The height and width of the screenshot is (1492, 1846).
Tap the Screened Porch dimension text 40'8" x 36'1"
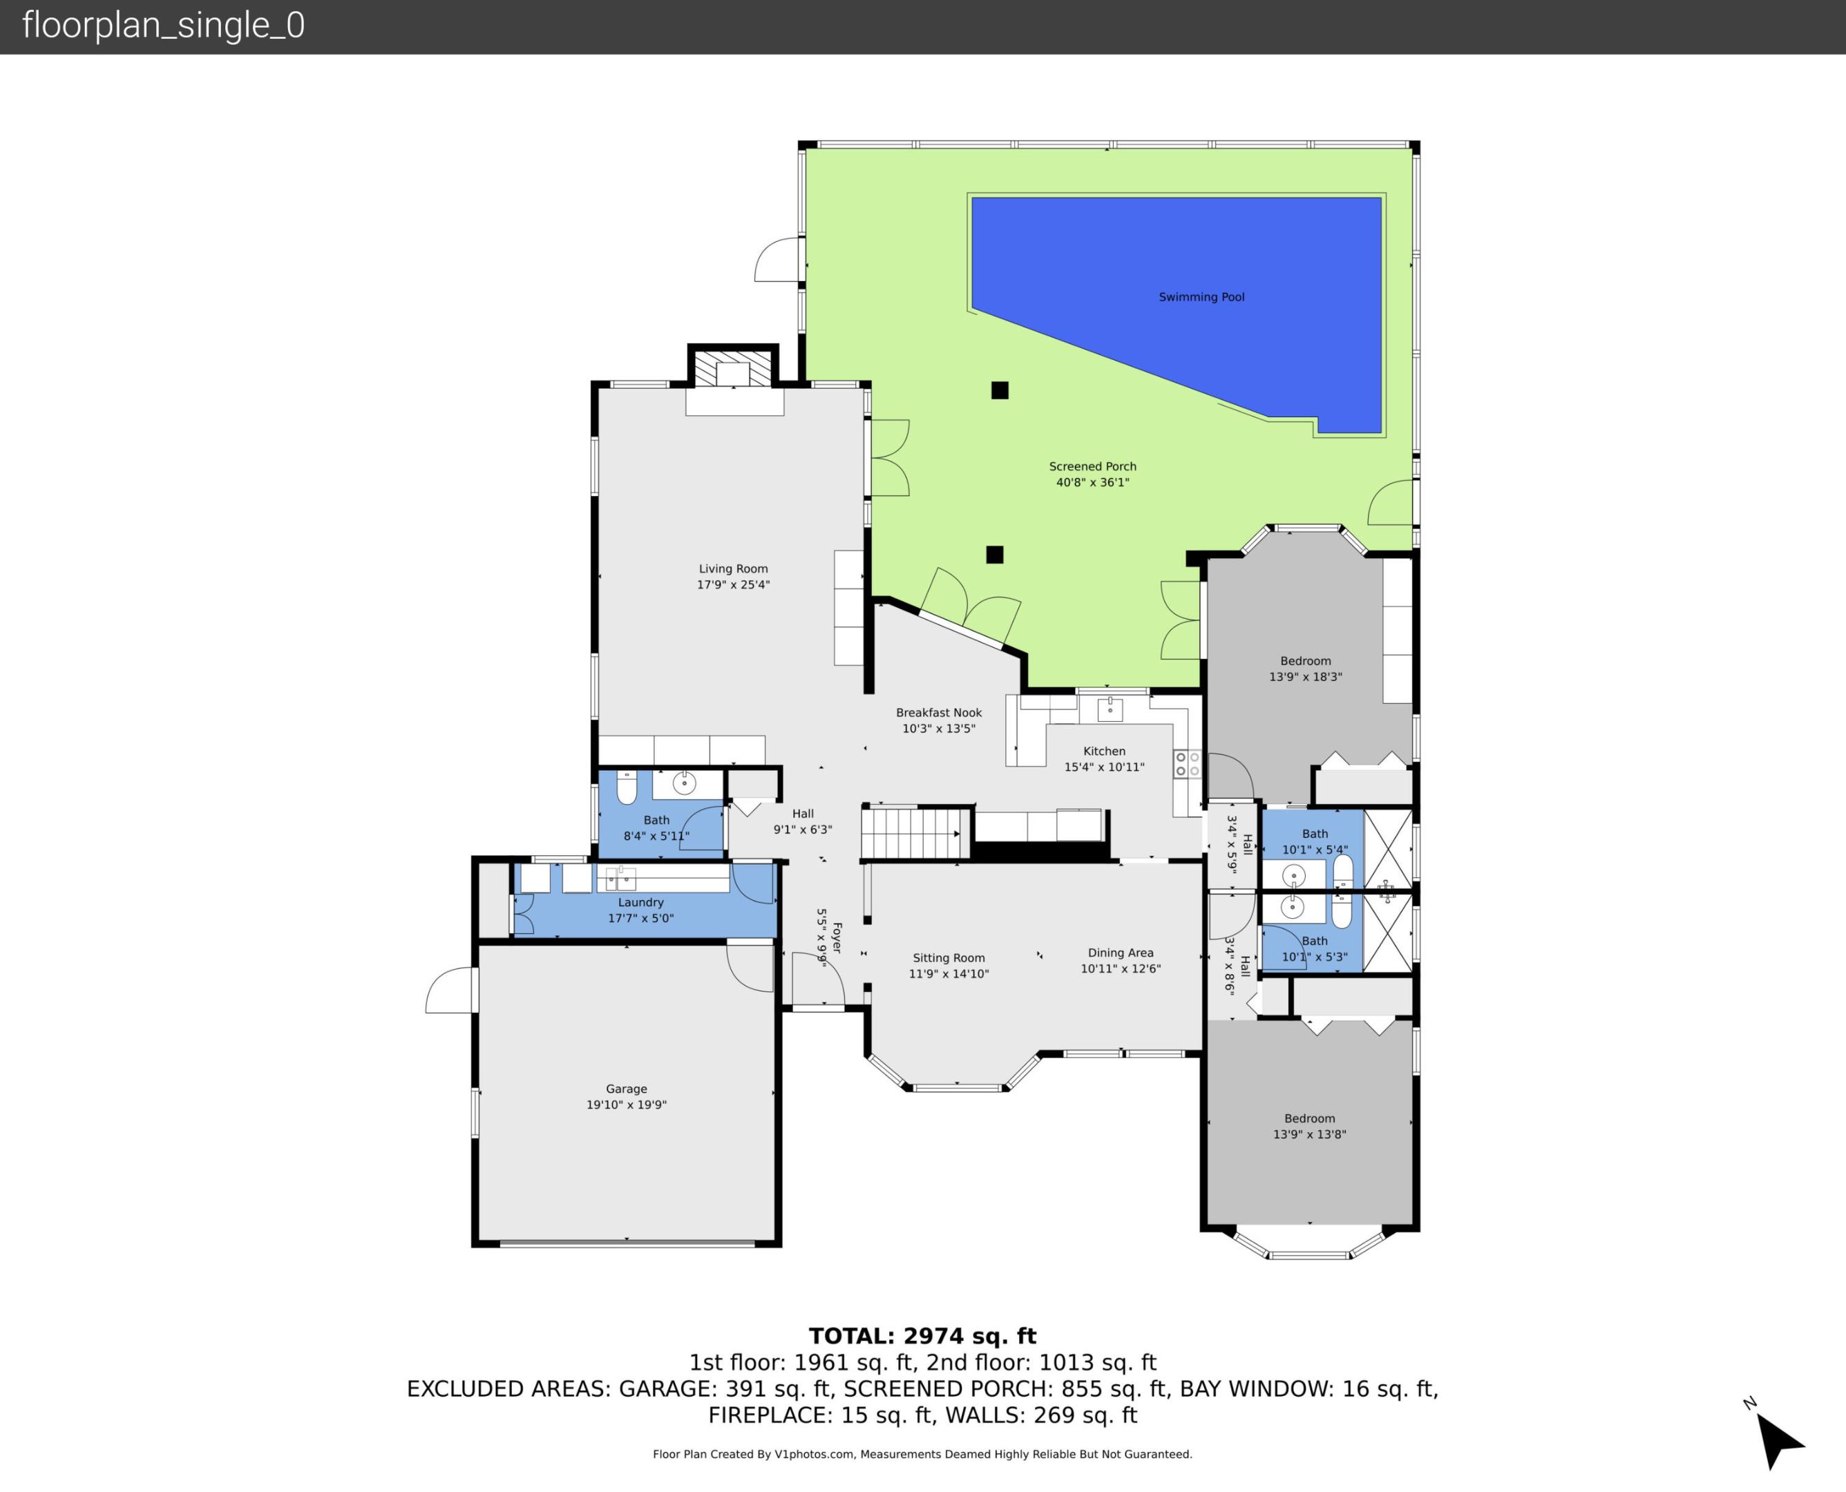pyautogui.click(x=1092, y=483)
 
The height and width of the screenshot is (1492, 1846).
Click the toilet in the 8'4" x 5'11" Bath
pyautogui.click(x=627, y=786)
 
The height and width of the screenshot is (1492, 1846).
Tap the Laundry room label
pyautogui.click(x=640, y=902)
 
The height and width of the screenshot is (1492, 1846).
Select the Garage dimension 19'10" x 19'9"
pyautogui.click(x=626, y=1105)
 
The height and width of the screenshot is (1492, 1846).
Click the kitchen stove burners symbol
pyautogui.click(x=1187, y=764)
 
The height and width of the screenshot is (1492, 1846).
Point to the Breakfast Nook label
pyautogui.click(x=938, y=712)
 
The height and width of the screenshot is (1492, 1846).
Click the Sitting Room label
pyautogui.click(x=948, y=958)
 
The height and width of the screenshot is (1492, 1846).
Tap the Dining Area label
pyautogui.click(x=1120, y=953)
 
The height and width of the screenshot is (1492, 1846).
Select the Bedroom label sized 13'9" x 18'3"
pyautogui.click(x=1304, y=661)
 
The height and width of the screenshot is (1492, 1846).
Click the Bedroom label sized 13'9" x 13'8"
pyautogui.click(x=1309, y=1119)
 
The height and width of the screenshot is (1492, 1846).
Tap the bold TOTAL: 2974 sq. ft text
pyautogui.click(x=922, y=1337)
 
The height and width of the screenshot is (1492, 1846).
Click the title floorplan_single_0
pyautogui.click(x=163, y=26)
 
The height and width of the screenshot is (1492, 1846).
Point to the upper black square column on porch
pyautogui.click(x=1000, y=390)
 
